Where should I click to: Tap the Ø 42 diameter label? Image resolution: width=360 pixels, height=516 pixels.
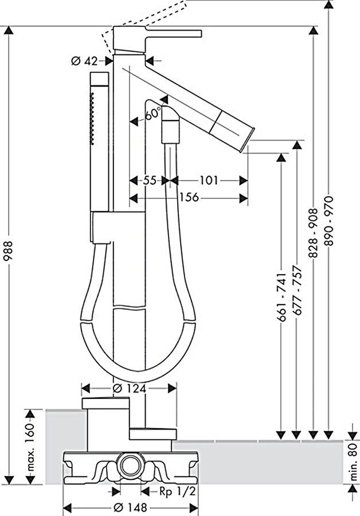(85, 61)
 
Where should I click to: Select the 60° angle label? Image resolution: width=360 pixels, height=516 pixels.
(152, 114)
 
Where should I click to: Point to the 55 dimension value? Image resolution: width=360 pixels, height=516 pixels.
(150, 180)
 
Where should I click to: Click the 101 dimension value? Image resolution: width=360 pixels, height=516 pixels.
(208, 180)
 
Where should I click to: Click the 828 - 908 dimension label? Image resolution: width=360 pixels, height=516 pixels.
(313, 221)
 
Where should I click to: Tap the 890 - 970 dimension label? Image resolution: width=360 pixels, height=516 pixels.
(328, 221)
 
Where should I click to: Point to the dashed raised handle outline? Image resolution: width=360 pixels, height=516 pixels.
(143, 17)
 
